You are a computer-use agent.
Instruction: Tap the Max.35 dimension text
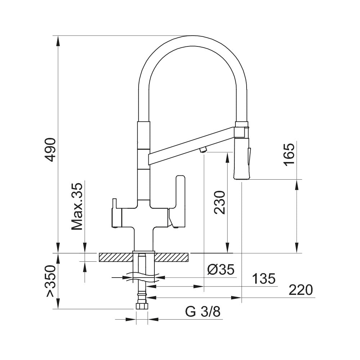[77, 206]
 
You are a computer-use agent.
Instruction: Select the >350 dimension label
[51, 281]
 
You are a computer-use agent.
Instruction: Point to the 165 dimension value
[289, 154]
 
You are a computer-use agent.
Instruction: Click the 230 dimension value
[220, 202]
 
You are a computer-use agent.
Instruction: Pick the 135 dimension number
[264, 279]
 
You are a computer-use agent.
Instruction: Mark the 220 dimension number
[300, 290]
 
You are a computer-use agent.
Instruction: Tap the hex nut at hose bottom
[142, 306]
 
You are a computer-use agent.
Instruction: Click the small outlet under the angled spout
[203, 150]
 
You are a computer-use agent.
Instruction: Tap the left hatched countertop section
[115, 257]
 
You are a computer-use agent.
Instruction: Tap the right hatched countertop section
[172, 257]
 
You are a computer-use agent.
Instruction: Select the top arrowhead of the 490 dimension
[58, 40]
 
